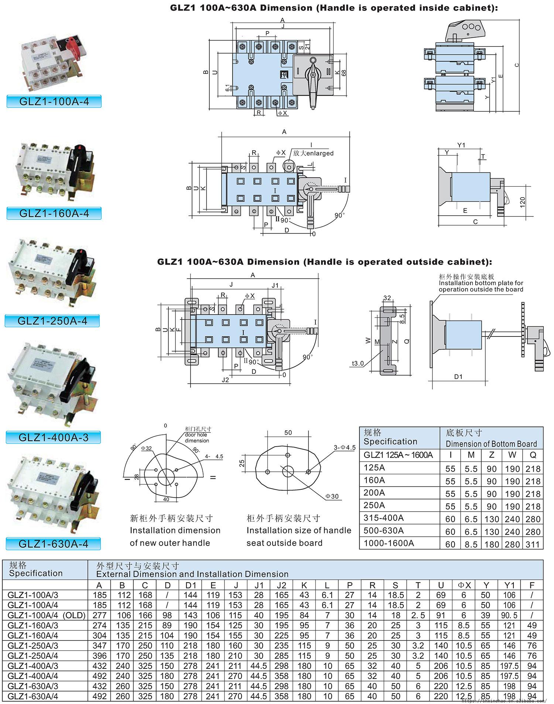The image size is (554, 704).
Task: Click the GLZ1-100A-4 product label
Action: click(x=54, y=102)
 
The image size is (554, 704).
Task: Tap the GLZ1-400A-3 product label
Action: click(x=54, y=437)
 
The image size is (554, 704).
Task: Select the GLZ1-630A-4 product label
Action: click(x=54, y=544)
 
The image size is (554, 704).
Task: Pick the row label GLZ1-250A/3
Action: click(x=33, y=646)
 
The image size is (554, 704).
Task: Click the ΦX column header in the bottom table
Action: click(x=464, y=585)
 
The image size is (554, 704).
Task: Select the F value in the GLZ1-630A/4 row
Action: click(x=532, y=696)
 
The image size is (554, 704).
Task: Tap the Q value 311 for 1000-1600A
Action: click(x=533, y=544)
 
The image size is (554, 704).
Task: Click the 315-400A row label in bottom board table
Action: click(x=384, y=517)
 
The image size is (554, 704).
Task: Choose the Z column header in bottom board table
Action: click(x=492, y=455)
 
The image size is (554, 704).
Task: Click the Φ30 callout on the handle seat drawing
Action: click(x=332, y=496)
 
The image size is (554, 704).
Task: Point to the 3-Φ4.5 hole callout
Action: click(x=344, y=447)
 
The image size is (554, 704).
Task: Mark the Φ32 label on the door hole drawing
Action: click(x=146, y=448)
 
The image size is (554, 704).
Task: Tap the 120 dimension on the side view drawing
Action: click(x=522, y=202)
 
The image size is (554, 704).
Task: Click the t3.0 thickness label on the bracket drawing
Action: click(x=358, y=363)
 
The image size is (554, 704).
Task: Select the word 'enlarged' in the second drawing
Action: click(x=319, y=153)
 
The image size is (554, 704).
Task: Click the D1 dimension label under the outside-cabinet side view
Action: click(x=458, y=377)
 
